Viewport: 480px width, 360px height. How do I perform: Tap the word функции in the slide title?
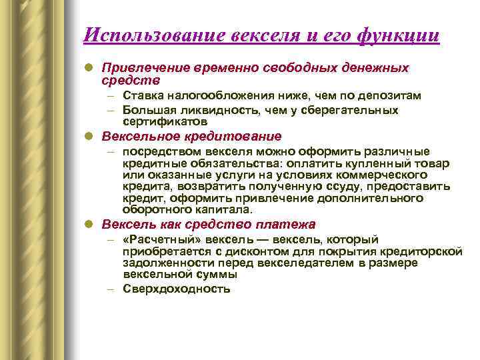click(400, 35)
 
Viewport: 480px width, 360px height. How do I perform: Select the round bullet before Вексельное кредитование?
click(89, 137)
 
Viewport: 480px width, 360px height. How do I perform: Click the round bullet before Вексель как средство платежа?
click(89, 225)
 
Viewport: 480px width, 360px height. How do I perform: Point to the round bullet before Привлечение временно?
click(89, 68)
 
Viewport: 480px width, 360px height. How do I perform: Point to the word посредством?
click(154, 151)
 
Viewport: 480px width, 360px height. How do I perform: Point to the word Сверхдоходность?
click(177, 289)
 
